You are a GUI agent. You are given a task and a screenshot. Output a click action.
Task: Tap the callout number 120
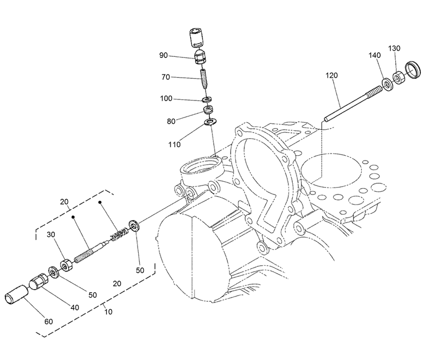pos(331,76)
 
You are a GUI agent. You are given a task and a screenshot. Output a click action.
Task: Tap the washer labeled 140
pos(386,83)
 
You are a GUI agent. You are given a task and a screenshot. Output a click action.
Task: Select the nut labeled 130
pos(400,76)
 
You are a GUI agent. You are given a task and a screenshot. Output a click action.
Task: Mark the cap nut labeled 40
pos(38,282)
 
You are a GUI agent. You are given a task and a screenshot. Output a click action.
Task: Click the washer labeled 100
pos(207,99)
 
